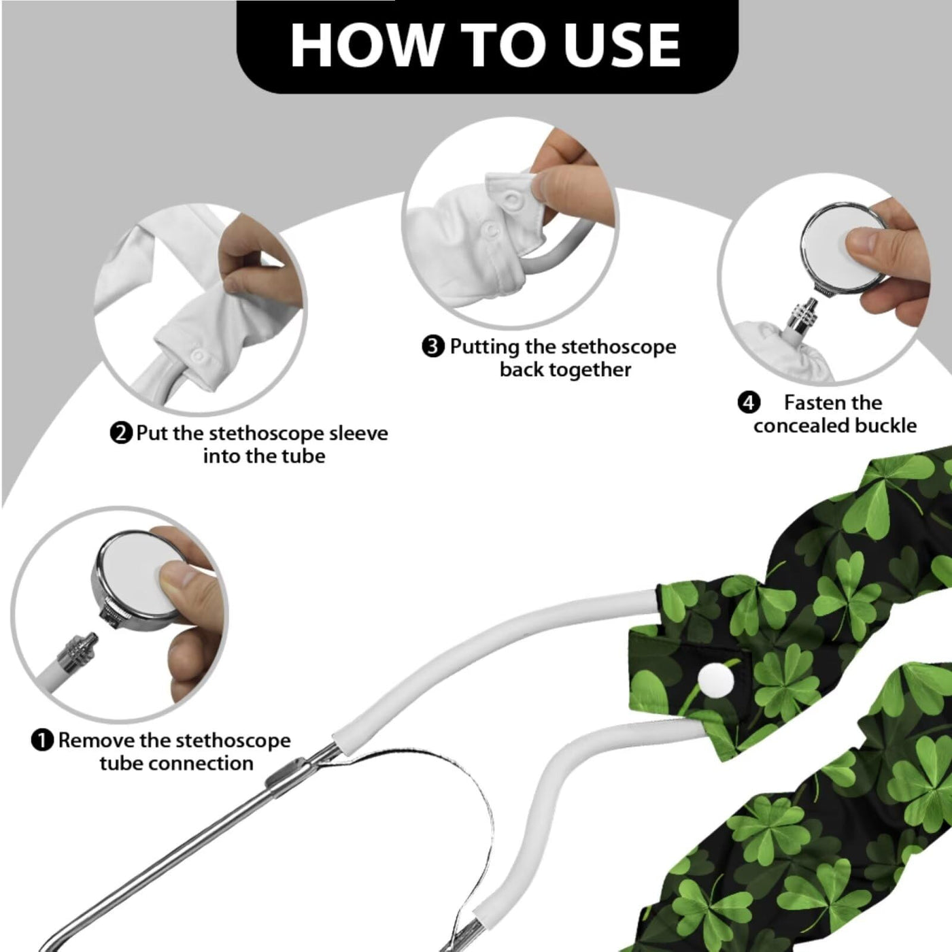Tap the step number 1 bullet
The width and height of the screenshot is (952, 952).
42,741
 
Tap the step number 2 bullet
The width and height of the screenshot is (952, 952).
121,434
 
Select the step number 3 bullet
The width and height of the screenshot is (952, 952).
432,347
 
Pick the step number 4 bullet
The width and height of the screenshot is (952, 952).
749,403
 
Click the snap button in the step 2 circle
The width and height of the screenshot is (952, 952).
199,356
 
